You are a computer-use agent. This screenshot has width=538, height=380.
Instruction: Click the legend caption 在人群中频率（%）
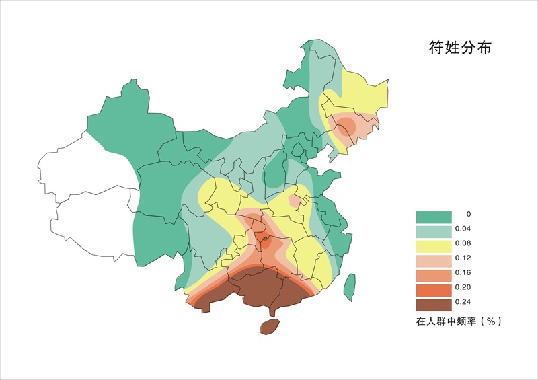(459, 321)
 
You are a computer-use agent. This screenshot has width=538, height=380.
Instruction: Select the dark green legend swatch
(432, 217)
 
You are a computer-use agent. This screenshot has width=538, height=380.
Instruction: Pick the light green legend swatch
(432, 231)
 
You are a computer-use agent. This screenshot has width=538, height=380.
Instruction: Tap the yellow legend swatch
(432, 246)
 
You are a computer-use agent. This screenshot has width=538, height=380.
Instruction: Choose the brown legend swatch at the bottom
(432, 304)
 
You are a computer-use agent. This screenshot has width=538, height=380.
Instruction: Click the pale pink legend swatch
(432, 261)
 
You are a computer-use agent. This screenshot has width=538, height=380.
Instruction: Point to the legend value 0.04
(462, 229)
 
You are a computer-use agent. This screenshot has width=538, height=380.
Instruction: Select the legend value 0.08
(462, 243)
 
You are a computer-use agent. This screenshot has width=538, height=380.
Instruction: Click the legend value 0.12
(462, 258)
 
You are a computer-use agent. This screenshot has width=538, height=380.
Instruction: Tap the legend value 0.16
(462, 272)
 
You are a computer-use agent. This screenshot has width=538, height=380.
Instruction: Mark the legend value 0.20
(462, 287)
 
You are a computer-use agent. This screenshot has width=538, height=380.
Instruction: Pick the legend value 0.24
(462, 301)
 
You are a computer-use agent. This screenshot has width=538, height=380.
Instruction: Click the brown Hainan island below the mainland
(269, 327)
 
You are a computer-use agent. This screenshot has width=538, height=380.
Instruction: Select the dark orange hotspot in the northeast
(347, 125)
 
